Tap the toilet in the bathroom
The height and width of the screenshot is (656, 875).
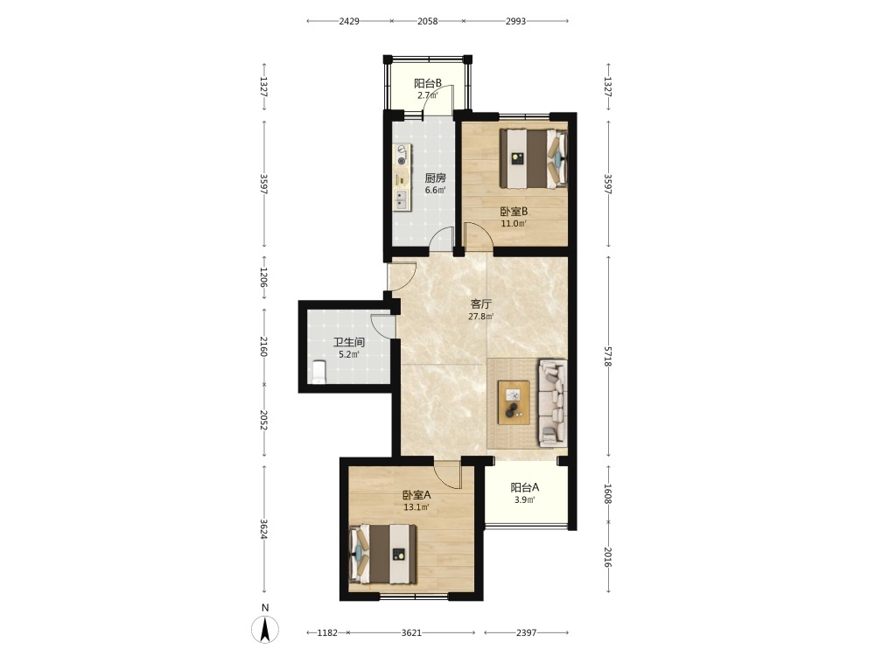point(318,372)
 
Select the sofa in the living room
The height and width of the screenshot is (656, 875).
point(552,402)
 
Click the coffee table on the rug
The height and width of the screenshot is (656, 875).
point(514,402)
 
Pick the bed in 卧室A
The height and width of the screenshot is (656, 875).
point(383,554)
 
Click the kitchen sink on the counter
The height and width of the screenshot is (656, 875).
point(401,199)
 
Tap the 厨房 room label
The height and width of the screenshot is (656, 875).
point(435,178)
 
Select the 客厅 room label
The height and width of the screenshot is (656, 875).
point(481,304)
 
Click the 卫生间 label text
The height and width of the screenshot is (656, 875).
point(349,342)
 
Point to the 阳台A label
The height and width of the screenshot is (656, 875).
point(524,487)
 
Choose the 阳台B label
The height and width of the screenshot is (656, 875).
point(428,84)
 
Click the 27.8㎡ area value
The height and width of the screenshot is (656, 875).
point(481,317)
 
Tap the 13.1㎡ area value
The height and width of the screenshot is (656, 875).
point(416,507)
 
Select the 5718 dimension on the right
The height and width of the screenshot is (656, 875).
point(608,357)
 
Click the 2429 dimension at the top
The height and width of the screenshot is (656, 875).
point(349,21)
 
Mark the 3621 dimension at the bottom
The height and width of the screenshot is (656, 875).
point(412,632)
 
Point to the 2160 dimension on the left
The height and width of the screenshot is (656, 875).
point(264,346)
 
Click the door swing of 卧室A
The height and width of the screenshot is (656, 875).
point(448,475)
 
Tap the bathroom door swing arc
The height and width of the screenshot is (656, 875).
point(383,326)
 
